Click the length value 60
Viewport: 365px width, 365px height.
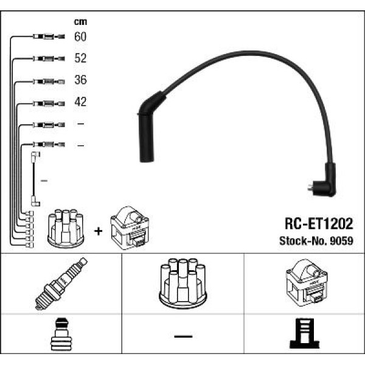click(x=80, y=37)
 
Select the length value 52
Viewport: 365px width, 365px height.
click(x=80, y=59)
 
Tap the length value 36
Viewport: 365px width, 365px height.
click(x=80, y=80)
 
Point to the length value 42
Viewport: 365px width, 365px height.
click(x=80, y=102)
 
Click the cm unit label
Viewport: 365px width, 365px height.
click(x=80, y=20)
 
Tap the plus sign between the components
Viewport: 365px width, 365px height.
click(x=98, y=232)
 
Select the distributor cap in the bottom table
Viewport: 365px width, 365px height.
click(x=182, y=283)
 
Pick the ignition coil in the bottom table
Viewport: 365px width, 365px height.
click(x=306, y=283)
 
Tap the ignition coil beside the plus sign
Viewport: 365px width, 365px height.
click(x=129, y=229)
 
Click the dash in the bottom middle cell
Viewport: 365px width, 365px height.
click(x=182, y=336)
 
